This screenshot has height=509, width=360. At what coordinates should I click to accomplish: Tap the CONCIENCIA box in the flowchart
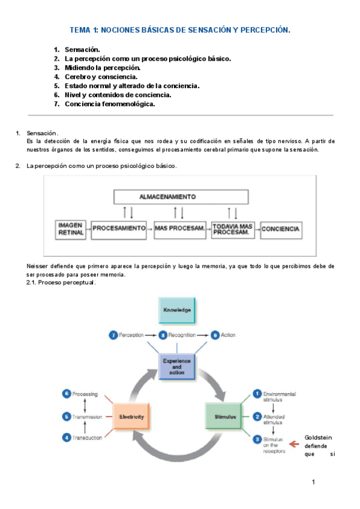point(281,229)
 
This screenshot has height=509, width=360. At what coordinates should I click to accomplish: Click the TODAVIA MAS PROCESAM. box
point(233,229)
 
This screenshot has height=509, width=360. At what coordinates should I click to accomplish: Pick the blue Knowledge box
point(177,310)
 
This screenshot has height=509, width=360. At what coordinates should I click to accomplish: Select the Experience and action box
point(177,366)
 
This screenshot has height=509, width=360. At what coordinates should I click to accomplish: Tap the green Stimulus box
point(226,416)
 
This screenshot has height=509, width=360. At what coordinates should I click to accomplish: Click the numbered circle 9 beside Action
point(214,334)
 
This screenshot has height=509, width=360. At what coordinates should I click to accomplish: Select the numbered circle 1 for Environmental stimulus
point(257,394)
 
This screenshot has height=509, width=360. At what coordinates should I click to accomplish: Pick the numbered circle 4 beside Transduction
point(67,438)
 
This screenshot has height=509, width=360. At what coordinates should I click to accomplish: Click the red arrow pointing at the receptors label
point(294,444)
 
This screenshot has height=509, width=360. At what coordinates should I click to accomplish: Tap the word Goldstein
point(318,438)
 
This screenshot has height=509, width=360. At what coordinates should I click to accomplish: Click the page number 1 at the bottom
point(313,482)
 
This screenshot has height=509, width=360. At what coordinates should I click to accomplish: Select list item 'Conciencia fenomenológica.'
point(110,104)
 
